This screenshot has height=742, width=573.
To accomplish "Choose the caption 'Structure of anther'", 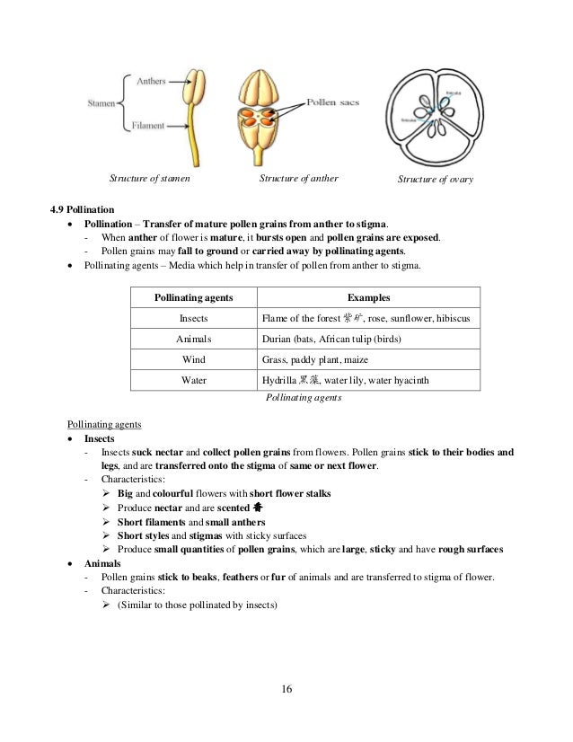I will click(298, 178).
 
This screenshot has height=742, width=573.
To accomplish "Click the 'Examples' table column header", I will click(368, 297).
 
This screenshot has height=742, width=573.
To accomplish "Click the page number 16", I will click(286, 690).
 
